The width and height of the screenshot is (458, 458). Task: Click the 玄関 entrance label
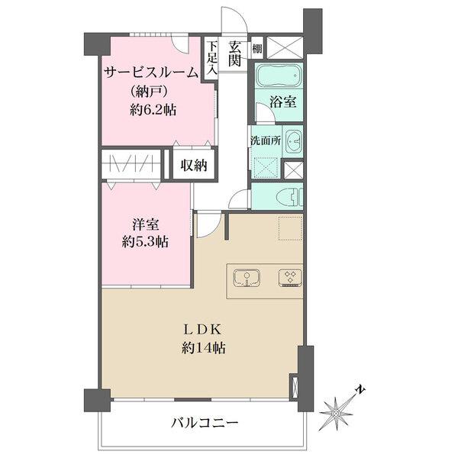[235, 53]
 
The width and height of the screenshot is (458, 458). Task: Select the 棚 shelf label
[257, 49]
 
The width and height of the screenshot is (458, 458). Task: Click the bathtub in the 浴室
[279, 75]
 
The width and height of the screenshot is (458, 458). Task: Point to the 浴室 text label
[282, 102]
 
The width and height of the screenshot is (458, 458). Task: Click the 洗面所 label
[266, 140]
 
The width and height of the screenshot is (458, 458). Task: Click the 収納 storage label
[193, 166]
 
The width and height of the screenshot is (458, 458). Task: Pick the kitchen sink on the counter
[247, 277]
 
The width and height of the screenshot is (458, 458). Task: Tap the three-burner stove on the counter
[290, 277]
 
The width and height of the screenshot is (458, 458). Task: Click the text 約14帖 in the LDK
[203, 348]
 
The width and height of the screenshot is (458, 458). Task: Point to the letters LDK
[203, 331]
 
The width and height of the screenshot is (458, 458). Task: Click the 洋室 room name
[146, 225]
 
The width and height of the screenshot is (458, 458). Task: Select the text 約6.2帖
[153, 110]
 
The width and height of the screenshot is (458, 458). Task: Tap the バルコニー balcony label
[204, 423]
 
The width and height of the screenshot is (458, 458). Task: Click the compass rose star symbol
[336, 413]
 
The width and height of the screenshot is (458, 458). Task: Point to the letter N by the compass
[360, 389]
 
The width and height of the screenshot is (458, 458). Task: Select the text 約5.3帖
[145, 242]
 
